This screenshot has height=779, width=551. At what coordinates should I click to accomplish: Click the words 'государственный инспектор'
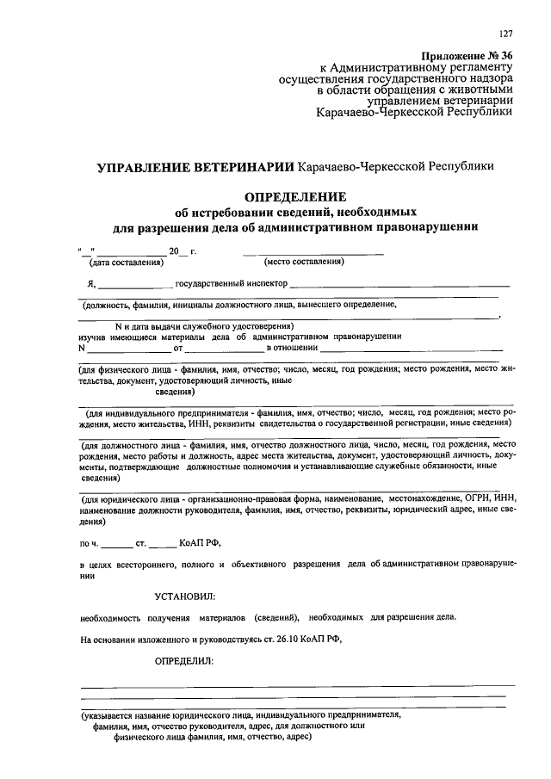(x=230, y=283)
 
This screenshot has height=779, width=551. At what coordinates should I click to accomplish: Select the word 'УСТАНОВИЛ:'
(x=184, y=596)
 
